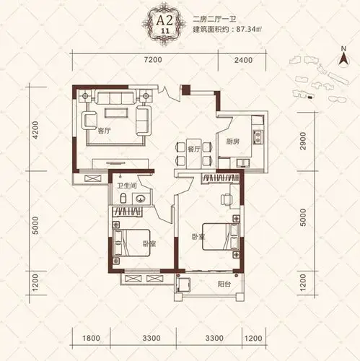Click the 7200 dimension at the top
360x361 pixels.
pos(153,60)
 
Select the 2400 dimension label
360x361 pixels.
pos(243,60)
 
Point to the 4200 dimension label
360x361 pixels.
pos(35,130)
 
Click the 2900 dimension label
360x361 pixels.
pos(303,141)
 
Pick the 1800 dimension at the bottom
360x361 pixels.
pos(91,338)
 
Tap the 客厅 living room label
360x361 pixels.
pos(104,131)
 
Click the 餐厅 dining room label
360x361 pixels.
pos(193,149)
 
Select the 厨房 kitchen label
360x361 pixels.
pos(233,142)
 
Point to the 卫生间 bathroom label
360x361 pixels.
pos(127,186)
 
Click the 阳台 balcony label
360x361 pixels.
pos(224,284)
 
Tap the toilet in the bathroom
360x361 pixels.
pos(123,198)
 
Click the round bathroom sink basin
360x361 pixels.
pos(141,199)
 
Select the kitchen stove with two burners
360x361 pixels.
pos(258,137)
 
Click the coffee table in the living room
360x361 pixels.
pos(116,113)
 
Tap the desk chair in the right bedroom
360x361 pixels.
pos(227,199)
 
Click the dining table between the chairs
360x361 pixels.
pos(194,154)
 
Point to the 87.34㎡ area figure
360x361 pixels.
pos(249,30)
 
